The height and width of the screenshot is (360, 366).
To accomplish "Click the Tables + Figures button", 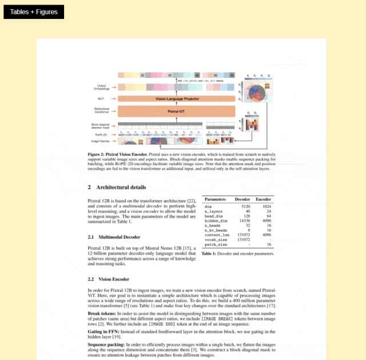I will pyautogui.click(x=34, y=12).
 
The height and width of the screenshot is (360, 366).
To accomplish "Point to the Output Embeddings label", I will pyautogui.click(x=102, y=88).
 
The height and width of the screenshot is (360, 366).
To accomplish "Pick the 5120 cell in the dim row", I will pyautogui.click(x=246, y=206).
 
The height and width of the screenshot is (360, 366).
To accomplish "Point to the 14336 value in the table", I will pyautogui.click(x=245, y=220).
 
